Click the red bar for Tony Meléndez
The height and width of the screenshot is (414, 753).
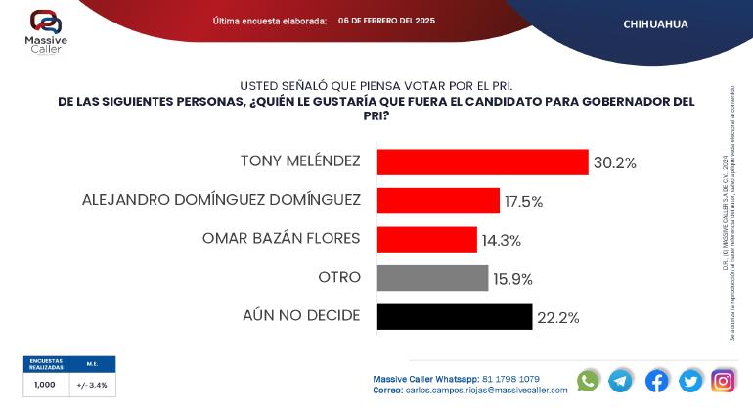point(482,161)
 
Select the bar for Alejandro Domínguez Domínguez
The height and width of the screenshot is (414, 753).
point(438,201)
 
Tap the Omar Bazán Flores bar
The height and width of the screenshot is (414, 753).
point(426,239)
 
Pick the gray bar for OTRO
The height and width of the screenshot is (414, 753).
point(432,278)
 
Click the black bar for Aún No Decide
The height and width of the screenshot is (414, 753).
point(454,316)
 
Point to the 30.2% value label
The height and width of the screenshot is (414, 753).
point(615,162)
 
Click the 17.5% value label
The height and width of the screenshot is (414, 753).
point(523,202)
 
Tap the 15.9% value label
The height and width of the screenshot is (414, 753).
point(512,279)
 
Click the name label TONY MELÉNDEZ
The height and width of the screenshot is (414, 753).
point(300,161)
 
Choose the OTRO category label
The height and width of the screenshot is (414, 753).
point(339,278)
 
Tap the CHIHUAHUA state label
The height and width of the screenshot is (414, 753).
point(655,23)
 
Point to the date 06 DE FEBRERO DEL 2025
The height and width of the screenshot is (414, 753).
point(386,21)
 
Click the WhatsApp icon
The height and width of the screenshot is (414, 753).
point(588,381)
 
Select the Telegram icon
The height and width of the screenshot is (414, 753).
point(621,381)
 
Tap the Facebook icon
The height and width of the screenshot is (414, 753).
point(656,381)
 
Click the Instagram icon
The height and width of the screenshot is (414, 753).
point(723,381)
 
